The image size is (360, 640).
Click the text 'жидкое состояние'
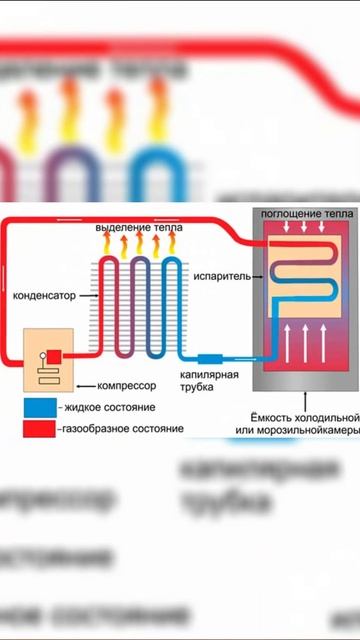pos(100,409)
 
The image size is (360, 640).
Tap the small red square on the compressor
pos(55,355)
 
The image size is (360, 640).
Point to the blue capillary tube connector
pos(213,358)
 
